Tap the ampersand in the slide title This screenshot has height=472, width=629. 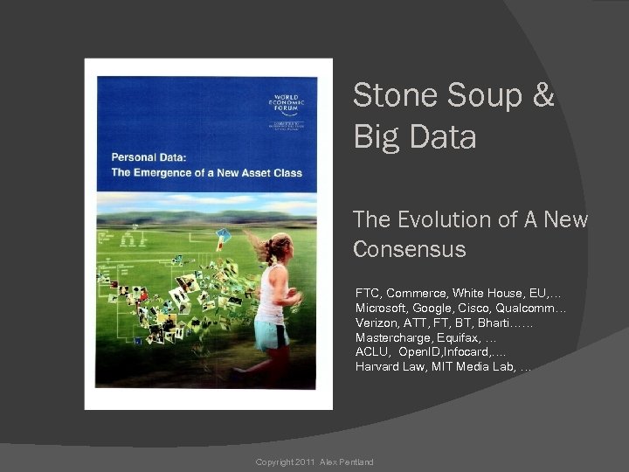(543, 95)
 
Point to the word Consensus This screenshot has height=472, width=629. (410, 249)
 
